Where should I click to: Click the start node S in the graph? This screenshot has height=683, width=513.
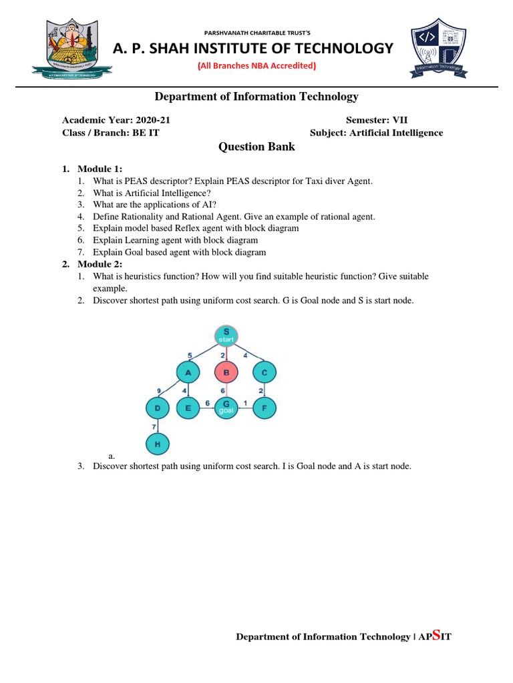click(x=226, y=336)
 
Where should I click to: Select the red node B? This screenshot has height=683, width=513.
click(x=226, y=372)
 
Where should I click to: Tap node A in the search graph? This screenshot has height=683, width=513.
click(x=188, y=372)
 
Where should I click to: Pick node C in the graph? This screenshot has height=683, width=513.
click(x=265, y=372)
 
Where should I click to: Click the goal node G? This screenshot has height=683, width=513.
click(x=226, y=408)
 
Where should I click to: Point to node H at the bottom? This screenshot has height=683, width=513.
click(x=158, y=443)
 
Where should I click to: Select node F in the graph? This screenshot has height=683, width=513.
click(x=265, y=408)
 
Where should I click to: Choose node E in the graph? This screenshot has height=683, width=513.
click(x=188, y=408)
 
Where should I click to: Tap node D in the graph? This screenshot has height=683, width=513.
click(x=158, y=408)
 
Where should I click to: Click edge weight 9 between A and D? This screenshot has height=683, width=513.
click(x=158, y=390)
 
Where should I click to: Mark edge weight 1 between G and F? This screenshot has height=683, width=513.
click(x=246, y=403)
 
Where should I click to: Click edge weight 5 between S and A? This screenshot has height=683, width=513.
click(x=190, y=354)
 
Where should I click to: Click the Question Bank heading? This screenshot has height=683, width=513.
click(x=256, y=147)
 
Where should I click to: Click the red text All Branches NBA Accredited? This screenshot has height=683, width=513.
click(x=256, y=65)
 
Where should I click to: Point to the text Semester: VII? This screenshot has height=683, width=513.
click(x=376, y=120)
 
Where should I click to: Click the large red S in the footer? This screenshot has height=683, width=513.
click(x=436, y=635)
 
